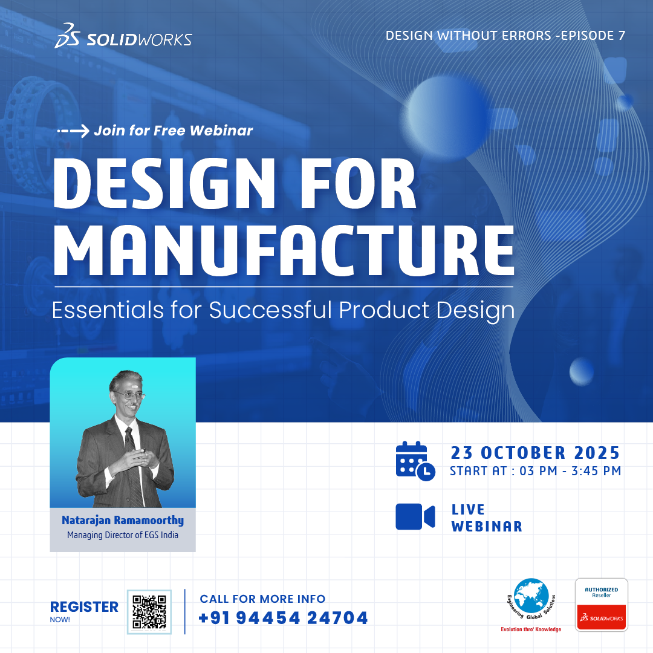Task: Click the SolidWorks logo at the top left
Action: (x=123, y=36)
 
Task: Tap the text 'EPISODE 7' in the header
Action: (x=593, y=36)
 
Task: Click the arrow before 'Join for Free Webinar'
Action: (x=73, y=131)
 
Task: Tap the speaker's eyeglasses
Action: (x=130, y=395)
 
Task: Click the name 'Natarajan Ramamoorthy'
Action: (x=123, y=521)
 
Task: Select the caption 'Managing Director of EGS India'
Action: (x=123, y=535)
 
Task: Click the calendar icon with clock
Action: (x=415, y=461)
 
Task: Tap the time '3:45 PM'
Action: (x=596, y=471)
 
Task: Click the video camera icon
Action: (x=415, y=517)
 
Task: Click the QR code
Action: (x=149, y=612)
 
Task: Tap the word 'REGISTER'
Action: (x=84, y=607)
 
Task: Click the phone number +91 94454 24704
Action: (x=284, y=618)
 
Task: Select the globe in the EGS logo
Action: (x=531, y=596)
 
